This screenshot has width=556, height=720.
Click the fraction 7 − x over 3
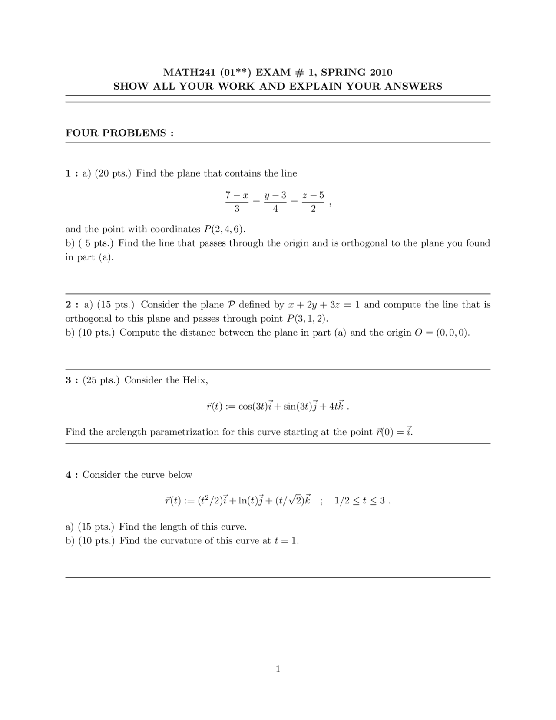(x=237, y=202)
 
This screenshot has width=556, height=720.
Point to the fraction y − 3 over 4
(x=275, y=202)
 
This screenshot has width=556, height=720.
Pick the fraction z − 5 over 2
(x=313, y=202)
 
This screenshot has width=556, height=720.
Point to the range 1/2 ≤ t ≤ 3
(x=360, y=500)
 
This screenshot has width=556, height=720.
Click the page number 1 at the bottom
(x=278, y=669)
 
